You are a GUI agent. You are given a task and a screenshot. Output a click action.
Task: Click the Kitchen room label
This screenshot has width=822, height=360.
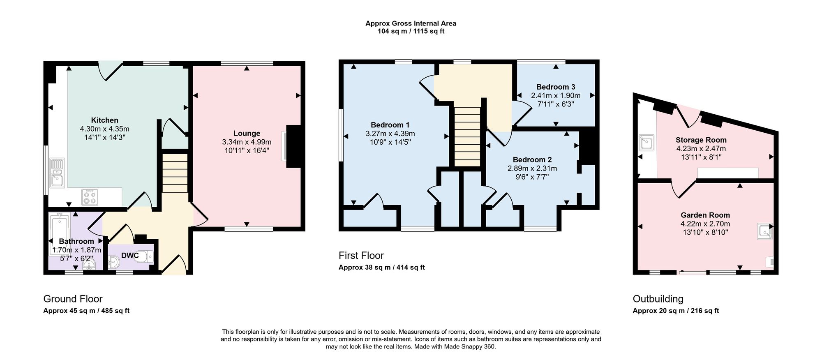(104, 120)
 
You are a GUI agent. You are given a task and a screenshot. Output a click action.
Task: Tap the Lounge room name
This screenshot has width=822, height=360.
(247, 134)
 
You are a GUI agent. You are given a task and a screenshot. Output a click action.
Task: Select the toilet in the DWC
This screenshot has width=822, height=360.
(145, 256)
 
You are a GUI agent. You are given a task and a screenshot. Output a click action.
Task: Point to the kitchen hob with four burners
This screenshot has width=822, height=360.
(90, 196)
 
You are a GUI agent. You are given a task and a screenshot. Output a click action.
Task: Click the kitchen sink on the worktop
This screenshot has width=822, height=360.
(56, 173)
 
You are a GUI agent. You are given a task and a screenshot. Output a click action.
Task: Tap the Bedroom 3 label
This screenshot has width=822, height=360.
(556, 87)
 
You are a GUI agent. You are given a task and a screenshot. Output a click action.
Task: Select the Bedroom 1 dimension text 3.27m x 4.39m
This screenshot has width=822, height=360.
(390, 134)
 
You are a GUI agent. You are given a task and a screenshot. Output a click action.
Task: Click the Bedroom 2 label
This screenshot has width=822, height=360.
(532, 160)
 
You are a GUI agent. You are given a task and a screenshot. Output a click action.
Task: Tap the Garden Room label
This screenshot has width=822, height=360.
(705, 215)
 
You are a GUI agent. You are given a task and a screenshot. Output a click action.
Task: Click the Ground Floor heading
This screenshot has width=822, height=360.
(73, 299)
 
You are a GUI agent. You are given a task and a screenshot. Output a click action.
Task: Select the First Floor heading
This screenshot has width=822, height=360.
(361, 256)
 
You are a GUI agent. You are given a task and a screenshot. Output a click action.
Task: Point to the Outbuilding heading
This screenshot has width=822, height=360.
(658, 299)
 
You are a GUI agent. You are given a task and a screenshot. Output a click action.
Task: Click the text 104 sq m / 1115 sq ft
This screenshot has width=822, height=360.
(411, 31)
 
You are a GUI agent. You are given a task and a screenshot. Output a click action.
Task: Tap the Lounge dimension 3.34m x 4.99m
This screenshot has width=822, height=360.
(247, 142)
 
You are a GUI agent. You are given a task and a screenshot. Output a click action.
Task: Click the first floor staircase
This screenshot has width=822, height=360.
(467, 136)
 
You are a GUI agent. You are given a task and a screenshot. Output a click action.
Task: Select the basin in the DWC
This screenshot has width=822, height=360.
(114, 260)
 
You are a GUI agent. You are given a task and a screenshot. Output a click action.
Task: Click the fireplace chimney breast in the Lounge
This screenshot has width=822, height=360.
(293, 146)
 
